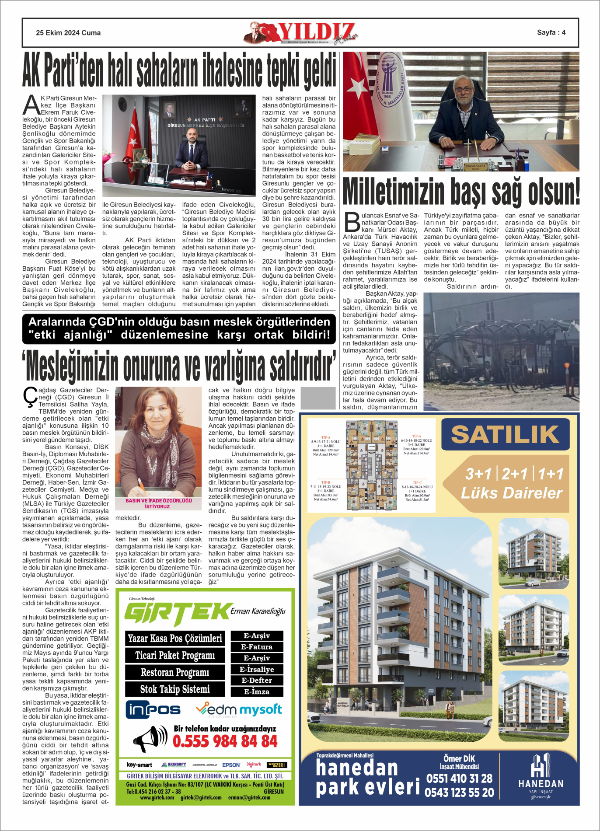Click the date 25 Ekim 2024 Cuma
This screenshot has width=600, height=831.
coord(68,33)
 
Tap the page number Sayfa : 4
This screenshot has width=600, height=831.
coord(551,32)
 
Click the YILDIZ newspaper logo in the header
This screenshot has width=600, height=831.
coord(302,33)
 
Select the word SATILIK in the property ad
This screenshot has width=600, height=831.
coord(505,434)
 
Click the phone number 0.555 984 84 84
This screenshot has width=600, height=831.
coord(225,741)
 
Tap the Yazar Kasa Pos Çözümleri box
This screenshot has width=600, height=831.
coord(174,639)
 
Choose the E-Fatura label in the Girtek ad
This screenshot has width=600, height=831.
coord(257,647)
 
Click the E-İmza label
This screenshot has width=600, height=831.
coord(257,691)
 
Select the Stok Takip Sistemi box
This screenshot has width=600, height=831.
coord(174,689)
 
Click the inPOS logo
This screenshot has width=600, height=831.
coord(153,710)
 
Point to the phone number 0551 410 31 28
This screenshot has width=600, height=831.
coord(459,778)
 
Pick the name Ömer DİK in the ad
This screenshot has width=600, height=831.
coord(459,758)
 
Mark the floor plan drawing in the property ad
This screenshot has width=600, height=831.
coord(371,465)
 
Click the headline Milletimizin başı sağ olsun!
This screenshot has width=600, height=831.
coord(461,192)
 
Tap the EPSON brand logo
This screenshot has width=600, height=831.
coord(231,765)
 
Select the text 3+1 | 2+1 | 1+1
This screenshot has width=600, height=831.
coord(514,474)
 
